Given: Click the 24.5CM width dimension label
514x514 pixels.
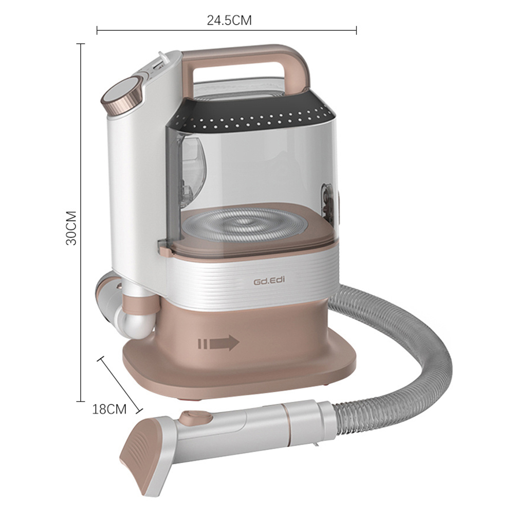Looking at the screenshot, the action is point(229,21).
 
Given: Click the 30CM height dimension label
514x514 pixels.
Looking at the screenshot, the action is point(71,228).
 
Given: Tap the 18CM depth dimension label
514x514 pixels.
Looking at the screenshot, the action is point(109,409).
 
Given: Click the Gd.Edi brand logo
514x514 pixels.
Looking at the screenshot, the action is point(269,281).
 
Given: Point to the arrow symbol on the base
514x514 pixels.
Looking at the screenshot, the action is point(218,343).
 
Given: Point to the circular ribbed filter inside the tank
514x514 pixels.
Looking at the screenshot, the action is point(245,225).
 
